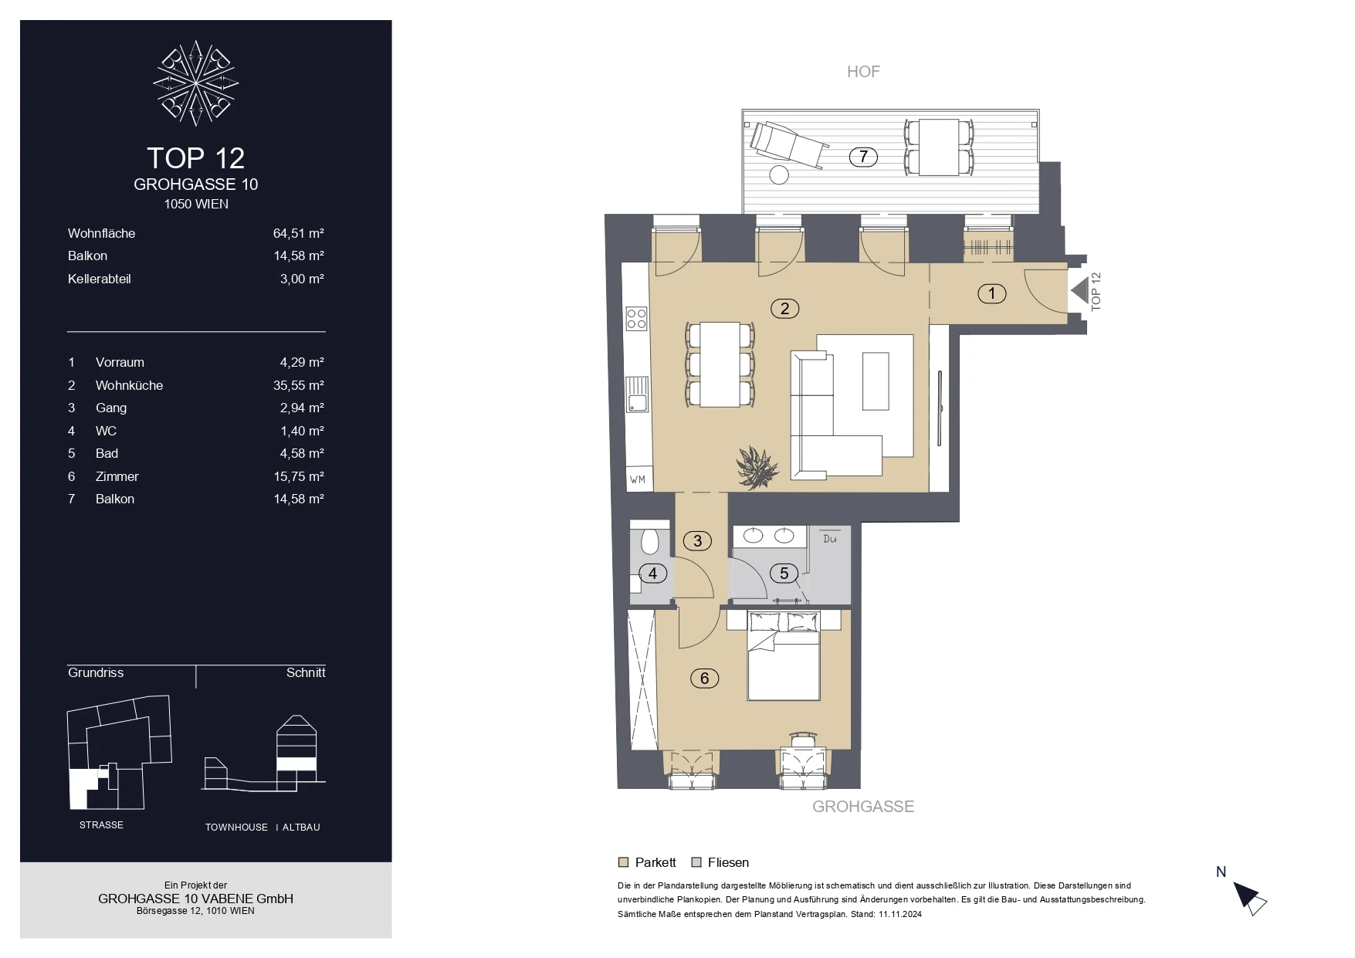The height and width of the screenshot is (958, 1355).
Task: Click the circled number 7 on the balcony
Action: point(863,157)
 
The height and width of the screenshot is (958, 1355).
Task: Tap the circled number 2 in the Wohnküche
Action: point(784,309)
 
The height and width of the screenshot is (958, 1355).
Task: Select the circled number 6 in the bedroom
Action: point(704,679)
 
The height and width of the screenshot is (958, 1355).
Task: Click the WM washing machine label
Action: point(638,479)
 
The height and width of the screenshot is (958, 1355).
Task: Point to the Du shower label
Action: point(830,539)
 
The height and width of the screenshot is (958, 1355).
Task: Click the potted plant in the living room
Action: point(757,468)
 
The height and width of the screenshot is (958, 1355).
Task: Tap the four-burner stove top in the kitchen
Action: point(637,318)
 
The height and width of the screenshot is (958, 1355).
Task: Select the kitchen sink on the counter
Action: point(637,394)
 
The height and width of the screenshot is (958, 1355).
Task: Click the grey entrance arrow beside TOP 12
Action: point(1079,291)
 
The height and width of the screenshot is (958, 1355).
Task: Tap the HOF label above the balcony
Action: point(863,72)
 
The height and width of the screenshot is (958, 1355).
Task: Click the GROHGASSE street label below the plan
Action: point(863,807)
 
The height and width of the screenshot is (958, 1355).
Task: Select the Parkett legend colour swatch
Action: point(624,862)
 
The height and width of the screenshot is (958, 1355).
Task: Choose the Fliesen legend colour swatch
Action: point(696,862)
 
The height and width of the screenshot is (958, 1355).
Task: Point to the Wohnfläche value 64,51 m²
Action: point(299,233)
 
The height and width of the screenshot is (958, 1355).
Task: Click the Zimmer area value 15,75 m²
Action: point(299,476)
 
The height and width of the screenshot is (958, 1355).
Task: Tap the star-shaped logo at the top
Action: point(196,83)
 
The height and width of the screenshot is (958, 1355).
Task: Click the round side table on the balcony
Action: point(779,174)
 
